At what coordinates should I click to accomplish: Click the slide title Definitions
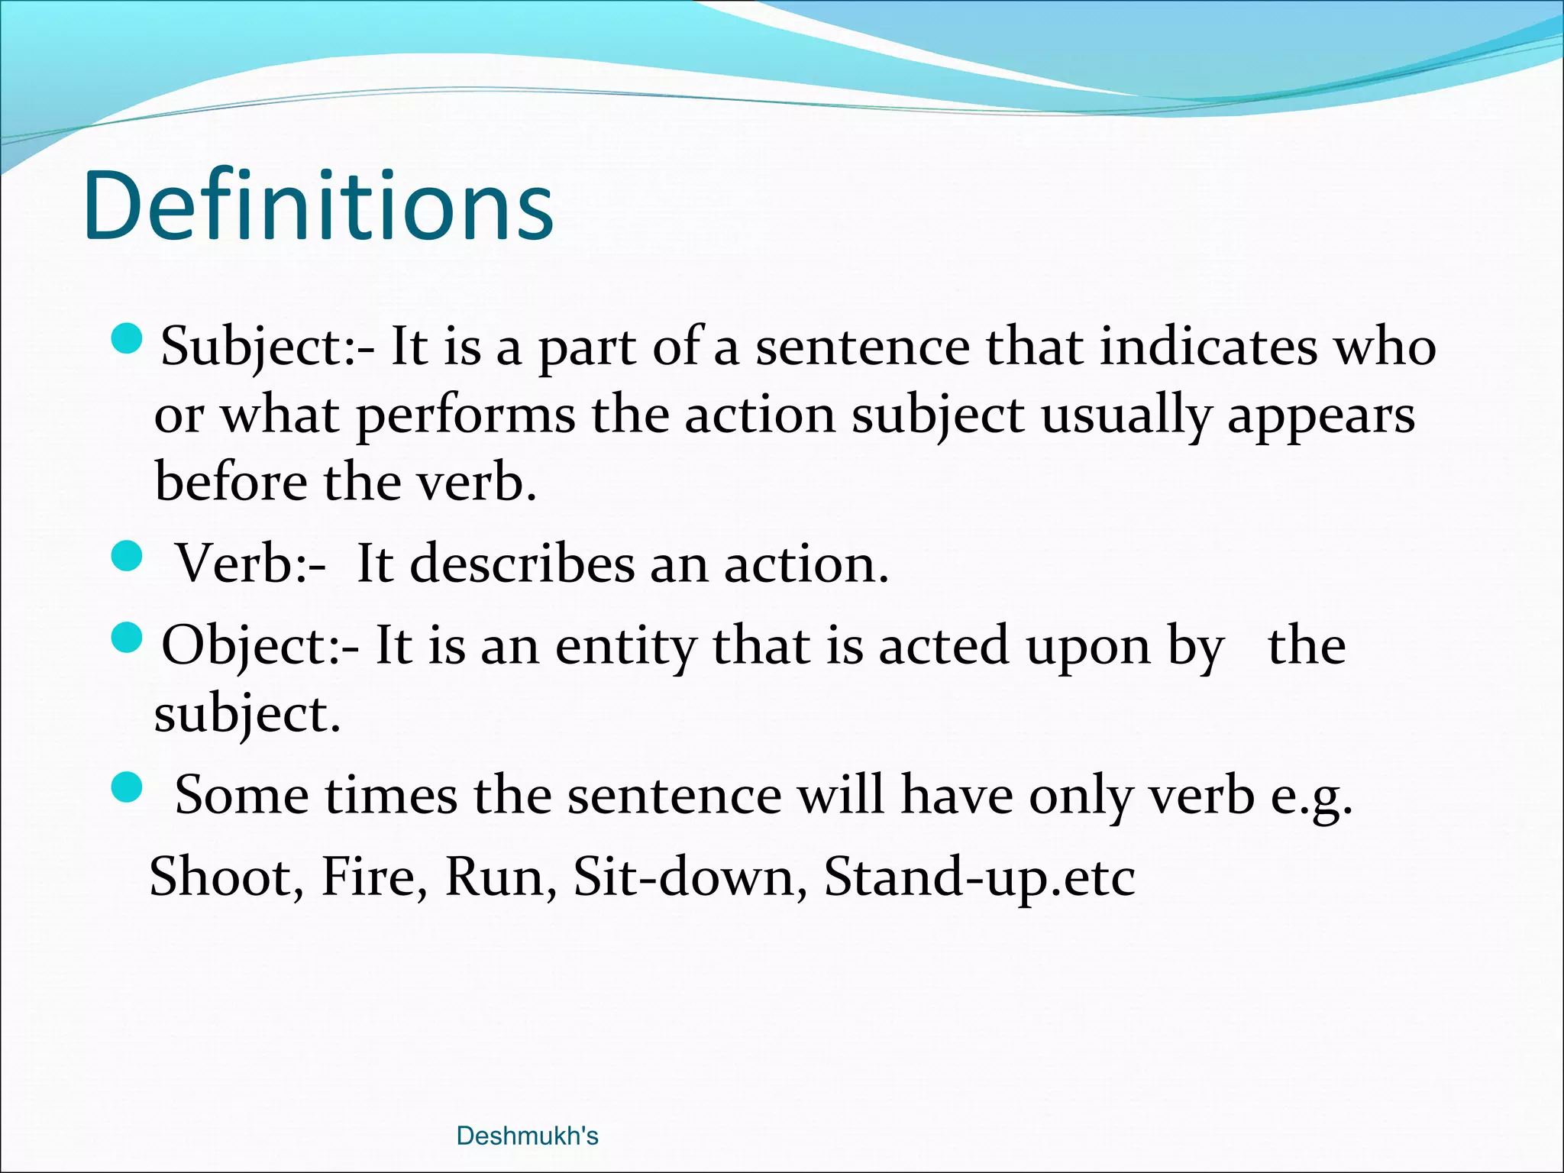[x=318, y=206]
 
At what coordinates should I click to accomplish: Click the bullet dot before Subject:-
[x=126, y=338]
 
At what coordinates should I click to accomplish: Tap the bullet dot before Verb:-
[x=126, y=556]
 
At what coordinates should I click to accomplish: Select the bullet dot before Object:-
[x=126, y=638]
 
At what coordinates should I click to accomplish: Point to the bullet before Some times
[x=126, y=787]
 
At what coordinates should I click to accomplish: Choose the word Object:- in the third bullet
[x=260, y=646]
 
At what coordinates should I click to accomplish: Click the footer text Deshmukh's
[x=527, y=1136]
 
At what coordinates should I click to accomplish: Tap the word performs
[x=466, y=416]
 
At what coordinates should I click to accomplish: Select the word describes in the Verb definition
[x=522, y=564]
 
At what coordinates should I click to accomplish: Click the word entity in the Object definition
[x=625, y=646]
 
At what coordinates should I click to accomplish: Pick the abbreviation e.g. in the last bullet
[x=1311, y=796]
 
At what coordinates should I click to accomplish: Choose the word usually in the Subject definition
[x=1126, y=416]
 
